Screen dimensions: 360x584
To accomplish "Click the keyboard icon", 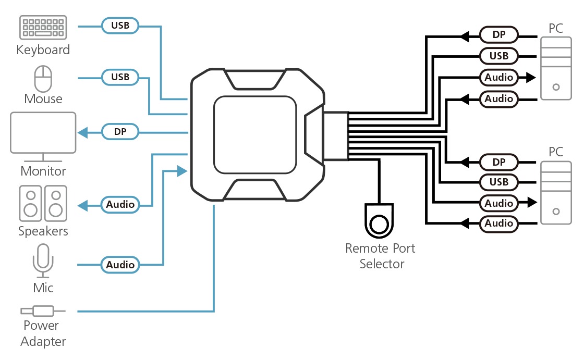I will pos(43,28).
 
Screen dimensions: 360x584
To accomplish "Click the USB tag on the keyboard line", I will pos(120,24).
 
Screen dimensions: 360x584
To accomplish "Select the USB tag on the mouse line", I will pos(120,77).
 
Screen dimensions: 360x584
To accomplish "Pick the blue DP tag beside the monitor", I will pos(120,132).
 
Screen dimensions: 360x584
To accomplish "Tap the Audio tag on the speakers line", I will pos(120,205).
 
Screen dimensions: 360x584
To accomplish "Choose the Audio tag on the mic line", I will pos(120,265).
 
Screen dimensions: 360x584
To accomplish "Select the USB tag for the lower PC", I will pos(499,182).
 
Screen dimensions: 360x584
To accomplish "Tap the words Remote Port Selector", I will pos(381,256).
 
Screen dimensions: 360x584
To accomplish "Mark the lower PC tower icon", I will pos(556,193).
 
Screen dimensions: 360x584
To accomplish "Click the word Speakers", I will pos(43,231).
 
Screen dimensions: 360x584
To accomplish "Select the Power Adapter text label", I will pos(44,333).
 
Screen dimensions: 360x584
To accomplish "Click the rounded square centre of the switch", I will pos(256,134).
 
